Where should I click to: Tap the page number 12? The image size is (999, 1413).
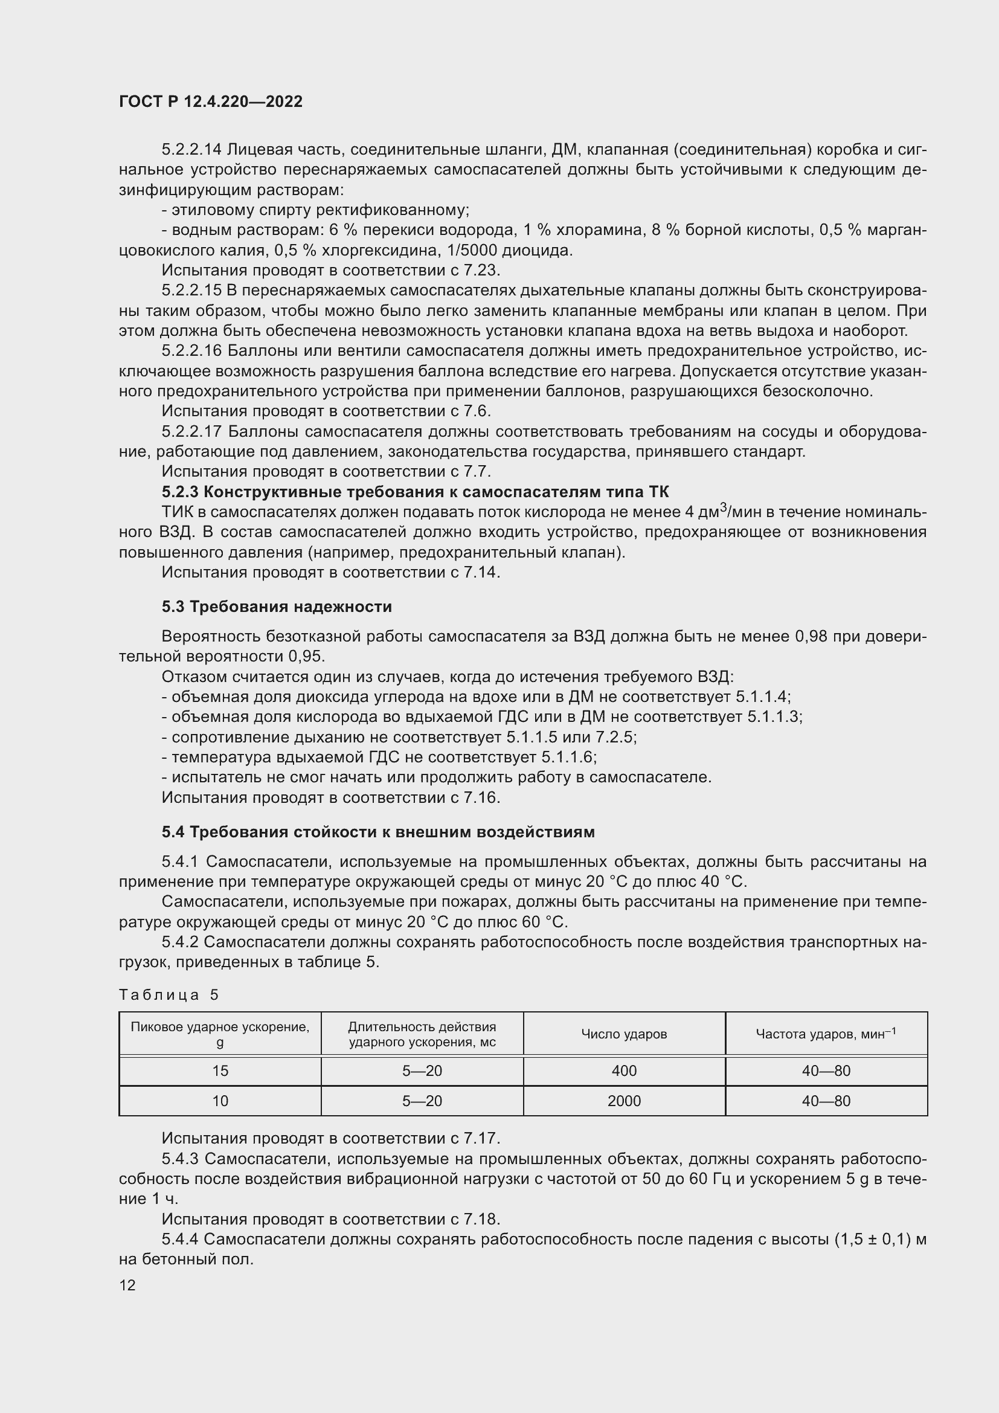click(127, 1285)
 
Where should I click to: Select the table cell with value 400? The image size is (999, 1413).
click(624, 1071)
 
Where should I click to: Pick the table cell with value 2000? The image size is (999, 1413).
click(624, 1101)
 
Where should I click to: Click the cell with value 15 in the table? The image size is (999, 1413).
click(220, 1071)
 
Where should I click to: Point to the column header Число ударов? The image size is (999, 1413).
click(624, 1034)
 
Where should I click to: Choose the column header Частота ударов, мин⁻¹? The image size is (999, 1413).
click(826, 1034)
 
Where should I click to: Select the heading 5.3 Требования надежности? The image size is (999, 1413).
click(277, 607)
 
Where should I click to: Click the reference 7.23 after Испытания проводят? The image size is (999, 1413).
click(486, 271)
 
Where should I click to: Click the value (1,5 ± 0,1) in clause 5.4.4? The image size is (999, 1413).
click(872, 1240)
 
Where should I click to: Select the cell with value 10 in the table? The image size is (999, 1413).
click(220, 1101)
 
